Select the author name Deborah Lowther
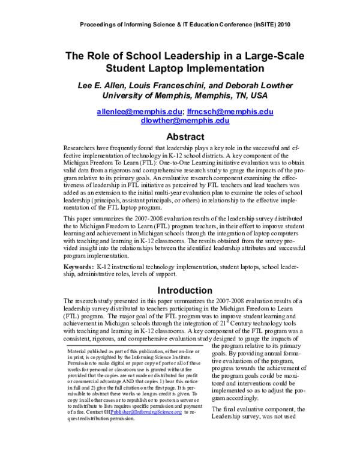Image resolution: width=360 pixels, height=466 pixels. tap(248, 84)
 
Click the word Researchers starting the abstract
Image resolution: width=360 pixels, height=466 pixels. tap(83, 148)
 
